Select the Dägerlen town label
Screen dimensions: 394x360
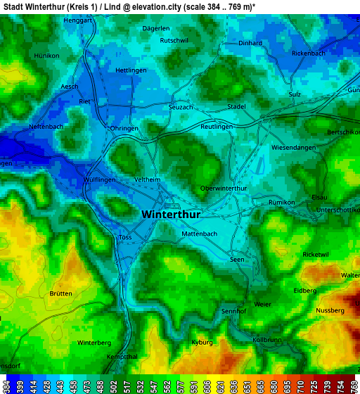[156, 28]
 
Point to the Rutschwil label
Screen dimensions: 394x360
[174, 41]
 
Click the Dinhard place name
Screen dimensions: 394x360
[250, 43]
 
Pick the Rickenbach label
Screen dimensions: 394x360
[308, 53]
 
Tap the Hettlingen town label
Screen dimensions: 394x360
[131, 71]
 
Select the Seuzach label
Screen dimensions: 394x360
[181, 107]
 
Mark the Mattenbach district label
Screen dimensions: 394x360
[199, 234]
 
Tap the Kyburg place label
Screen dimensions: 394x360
[202, 343]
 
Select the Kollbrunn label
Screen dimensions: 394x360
[266, 340]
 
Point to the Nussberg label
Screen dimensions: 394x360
[330, 310]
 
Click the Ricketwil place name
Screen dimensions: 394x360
[315, 254]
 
